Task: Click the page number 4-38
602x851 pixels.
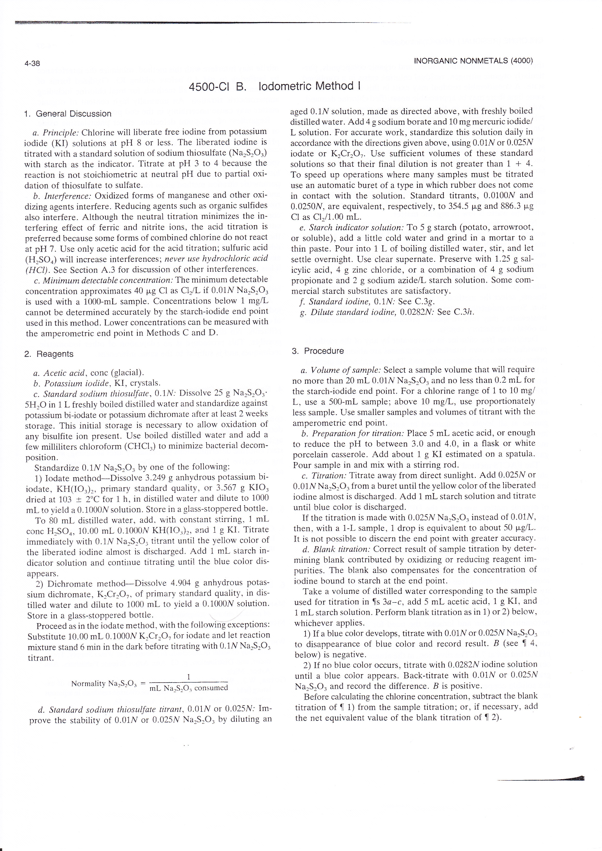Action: (x=32, y=63)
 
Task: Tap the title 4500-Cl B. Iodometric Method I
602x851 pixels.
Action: (x=275, y=86)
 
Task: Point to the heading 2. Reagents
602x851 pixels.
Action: (x=49, y=354)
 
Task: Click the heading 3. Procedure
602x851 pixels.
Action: (x=318, y=351)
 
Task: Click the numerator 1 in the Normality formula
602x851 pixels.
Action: (x=188, y=677)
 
